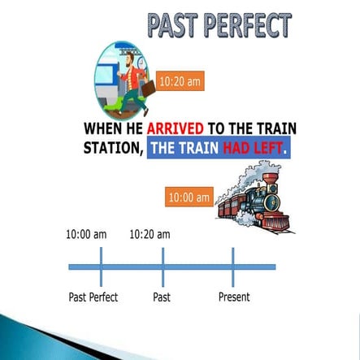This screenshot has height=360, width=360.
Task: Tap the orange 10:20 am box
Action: point(179,81)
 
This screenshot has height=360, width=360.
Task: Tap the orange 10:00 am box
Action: point(189,197)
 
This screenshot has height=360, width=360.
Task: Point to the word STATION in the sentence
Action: point(113,150)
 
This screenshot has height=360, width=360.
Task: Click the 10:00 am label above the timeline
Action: point(86,235)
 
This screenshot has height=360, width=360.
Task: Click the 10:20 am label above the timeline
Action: point(150,235)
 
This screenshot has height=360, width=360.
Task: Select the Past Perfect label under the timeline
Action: point(93,297)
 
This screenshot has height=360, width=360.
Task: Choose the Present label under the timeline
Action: point(234,297)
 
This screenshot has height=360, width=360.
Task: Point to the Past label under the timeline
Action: point(162,297)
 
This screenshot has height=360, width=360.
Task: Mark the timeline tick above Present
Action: point(233,267)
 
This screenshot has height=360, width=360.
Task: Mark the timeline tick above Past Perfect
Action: point(101,267)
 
